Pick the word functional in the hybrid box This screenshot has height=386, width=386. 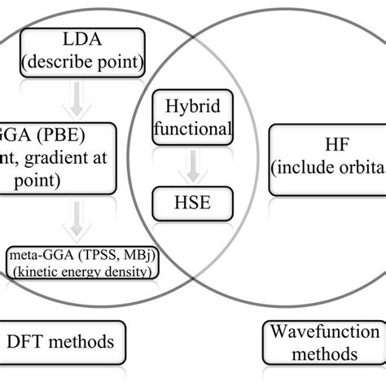coord(193,129)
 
